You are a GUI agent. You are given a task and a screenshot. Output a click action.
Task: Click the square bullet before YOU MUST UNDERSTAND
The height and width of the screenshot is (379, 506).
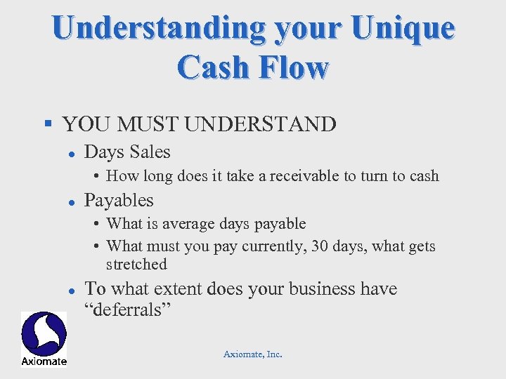click(48, 124)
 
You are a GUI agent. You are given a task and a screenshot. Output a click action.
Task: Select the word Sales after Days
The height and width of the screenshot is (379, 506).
click(149, 152)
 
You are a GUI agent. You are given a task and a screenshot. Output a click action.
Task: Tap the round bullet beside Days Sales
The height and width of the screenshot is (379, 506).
click(72, 152)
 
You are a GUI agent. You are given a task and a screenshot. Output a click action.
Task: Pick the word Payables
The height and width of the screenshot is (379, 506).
click(119, 201)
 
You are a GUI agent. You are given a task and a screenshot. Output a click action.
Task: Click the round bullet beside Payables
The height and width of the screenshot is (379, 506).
click(72, 201)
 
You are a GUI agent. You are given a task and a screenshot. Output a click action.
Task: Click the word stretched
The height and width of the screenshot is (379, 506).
click(136, 265)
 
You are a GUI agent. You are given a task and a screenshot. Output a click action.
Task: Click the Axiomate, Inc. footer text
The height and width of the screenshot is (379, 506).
click(253, 354)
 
